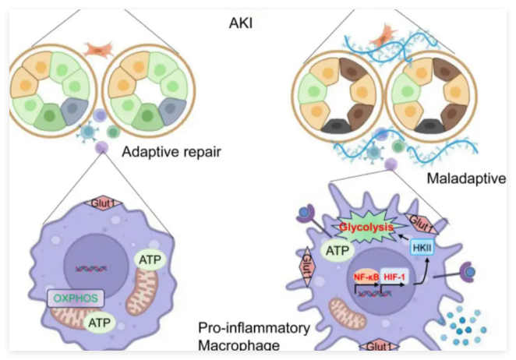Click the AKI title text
tap(241, 23)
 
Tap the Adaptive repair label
tap(171, 152)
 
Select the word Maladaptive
tap(466, 178)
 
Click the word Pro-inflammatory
tap(254, 328)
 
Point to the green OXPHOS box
tap(76, 298)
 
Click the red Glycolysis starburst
tap(366, 227)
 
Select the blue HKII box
tap(422, 248)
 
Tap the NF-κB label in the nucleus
tap(366, 277)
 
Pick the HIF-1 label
tap(394, 277)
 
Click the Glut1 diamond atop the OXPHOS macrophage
tap(103, 203)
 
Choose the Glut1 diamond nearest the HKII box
tap(421, 224)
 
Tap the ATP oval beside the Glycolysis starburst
tap(338, 251)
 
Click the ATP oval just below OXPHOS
tap(100, 323)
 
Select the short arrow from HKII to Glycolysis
tap(404, 237)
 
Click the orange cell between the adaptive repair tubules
tap(98, 49)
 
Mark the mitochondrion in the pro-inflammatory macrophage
tap(347, 313)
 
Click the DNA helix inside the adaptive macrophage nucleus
tap(91, 269)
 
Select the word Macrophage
tap(239, 345)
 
